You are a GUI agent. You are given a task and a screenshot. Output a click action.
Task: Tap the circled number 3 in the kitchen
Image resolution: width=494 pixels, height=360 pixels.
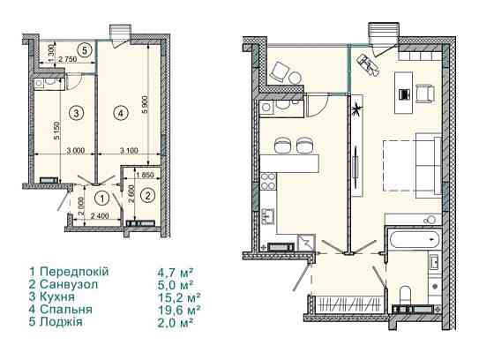[x=76, y=113]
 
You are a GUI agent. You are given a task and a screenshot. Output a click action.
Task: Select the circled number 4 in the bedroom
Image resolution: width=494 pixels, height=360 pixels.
[x=121, y=113]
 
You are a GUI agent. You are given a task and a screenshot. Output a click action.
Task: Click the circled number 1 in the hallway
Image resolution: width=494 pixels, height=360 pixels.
[x=102, y=199]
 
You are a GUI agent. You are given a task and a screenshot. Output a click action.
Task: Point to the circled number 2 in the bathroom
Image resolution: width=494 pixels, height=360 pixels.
[x=148, y=196]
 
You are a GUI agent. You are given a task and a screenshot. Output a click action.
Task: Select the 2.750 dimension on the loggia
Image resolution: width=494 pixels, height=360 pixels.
[x=68, y=59]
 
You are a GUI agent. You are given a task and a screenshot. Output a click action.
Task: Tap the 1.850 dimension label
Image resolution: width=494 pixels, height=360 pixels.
[x=144, y=175]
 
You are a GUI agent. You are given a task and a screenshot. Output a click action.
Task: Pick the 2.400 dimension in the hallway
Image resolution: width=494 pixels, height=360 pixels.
[x=100, y=216]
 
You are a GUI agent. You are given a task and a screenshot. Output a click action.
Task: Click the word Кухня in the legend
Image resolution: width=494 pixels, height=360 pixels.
[x=57, y=297]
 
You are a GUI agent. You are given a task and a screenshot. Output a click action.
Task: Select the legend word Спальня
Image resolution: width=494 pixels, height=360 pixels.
[x=66, y=310]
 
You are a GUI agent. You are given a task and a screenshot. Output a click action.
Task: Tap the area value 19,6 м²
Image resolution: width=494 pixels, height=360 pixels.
[x=179, y=309]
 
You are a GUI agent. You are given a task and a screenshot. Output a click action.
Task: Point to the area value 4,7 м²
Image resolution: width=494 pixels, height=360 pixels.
[x=176, y=272]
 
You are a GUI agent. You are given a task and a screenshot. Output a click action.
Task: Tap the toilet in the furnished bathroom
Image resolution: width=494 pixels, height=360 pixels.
[x=404, y=296]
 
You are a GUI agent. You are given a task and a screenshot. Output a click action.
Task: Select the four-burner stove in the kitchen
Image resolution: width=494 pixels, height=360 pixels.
[x=268, y=181]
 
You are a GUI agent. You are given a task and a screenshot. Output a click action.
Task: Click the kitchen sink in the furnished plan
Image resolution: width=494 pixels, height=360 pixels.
[x=269, y=216]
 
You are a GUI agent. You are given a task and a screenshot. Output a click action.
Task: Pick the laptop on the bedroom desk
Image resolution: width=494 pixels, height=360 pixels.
[x=404, y=94]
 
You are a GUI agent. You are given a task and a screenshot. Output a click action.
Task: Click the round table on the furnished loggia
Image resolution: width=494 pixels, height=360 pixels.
[x=296, y=78]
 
